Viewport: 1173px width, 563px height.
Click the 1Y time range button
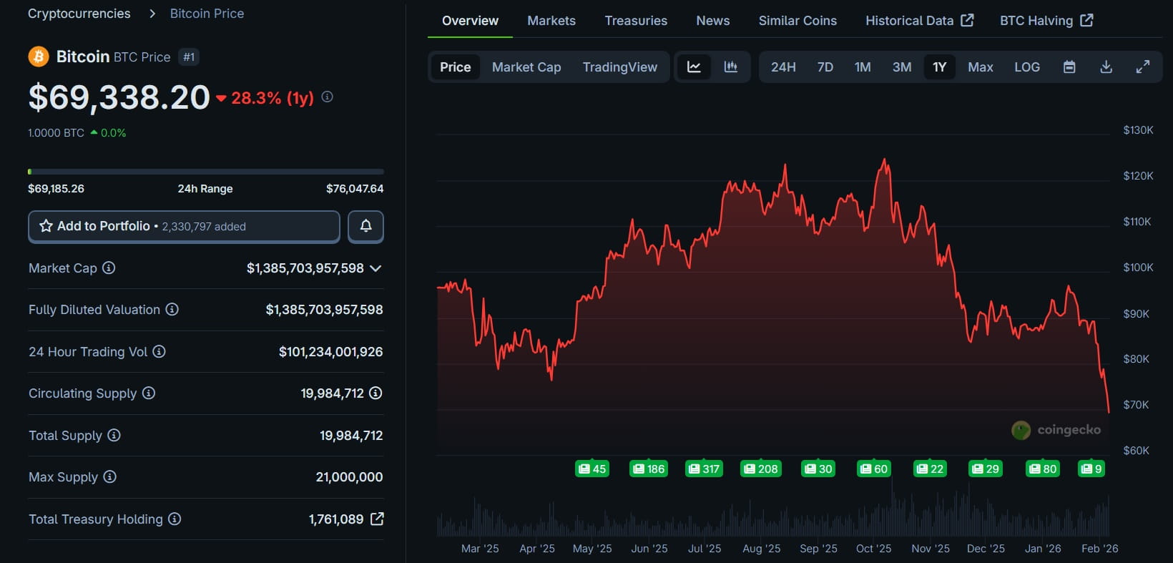click(939, 67)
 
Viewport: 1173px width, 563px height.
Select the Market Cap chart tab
click(526, 67)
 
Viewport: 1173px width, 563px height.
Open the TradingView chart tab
click(619, 67)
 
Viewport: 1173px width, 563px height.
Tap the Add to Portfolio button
click(184, 226)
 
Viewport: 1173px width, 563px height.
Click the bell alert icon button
click(365, 226)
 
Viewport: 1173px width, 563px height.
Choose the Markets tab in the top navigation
click(551, 21)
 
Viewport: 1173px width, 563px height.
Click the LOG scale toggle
click(1026, 67)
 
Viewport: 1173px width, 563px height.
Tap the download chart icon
click(1106, 67)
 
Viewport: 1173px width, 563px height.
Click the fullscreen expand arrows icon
click(1143, 67)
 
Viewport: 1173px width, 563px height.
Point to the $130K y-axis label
click(1138, 130)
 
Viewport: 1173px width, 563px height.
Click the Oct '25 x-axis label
click(873, 549)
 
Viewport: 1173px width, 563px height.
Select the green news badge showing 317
click(704, 469)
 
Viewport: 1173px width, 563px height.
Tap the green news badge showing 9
click(1091, 469)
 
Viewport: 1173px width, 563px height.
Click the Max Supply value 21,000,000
click(349, 477)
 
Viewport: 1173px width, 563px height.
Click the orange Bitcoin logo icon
click(38, 57)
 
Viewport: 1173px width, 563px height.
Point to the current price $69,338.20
click(119, 98)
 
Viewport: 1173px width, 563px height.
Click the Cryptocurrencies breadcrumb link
click(79, 14)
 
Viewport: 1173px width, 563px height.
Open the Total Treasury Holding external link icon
click(377, 519)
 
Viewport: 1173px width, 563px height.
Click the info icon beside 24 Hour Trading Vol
click(159, 351)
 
